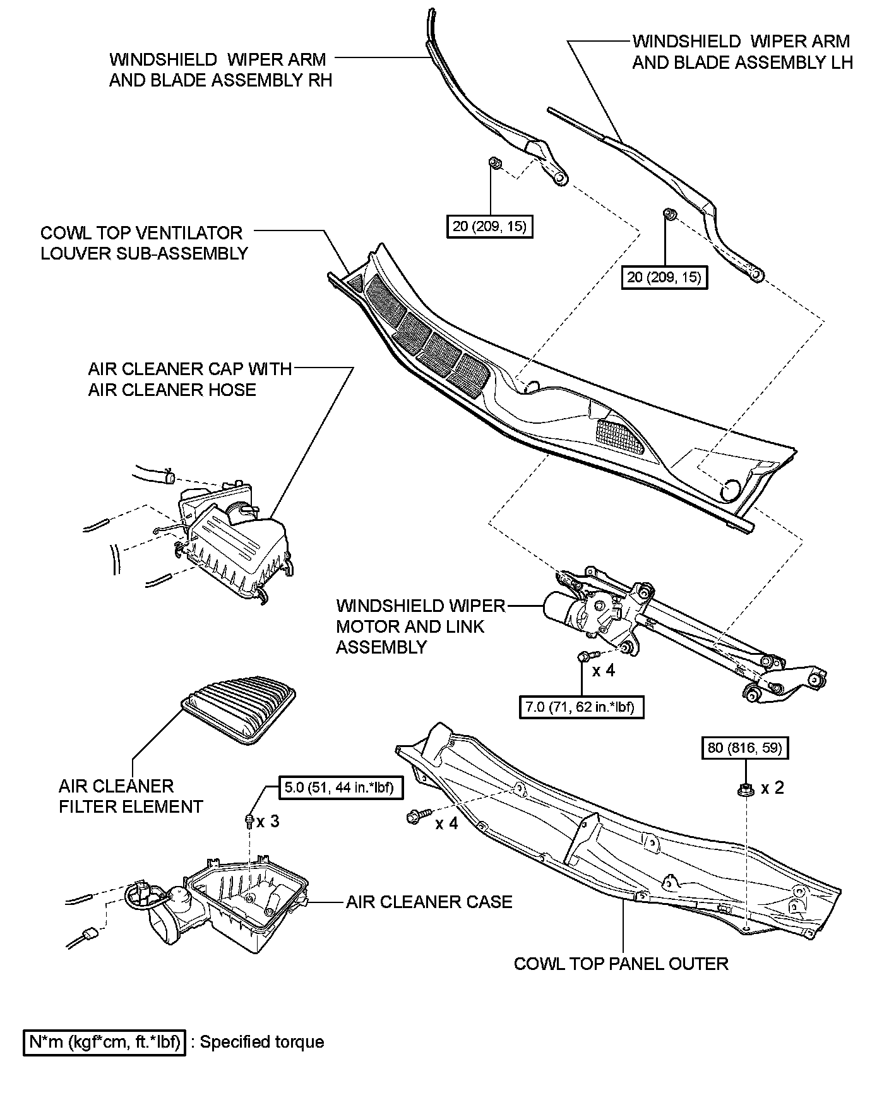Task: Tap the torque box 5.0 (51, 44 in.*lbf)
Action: click(342, 788)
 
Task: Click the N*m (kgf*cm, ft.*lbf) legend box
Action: click(105, 1041)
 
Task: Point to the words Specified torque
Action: click(262, 1042)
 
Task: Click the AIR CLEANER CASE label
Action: click(429, 902)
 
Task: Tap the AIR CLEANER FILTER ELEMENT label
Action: click(131, 796)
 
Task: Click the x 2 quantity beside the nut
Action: click(772, 788)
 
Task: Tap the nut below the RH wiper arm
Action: click(495, 164)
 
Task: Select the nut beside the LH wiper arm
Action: click(669, 215)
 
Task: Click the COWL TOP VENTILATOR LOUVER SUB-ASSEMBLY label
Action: click(144, 242)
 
